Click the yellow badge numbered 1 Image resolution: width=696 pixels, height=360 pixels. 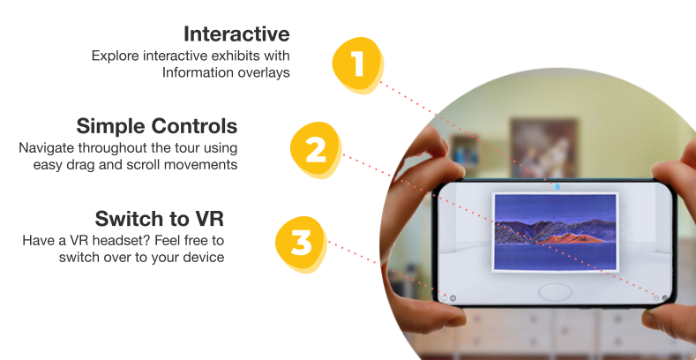click(358, 65)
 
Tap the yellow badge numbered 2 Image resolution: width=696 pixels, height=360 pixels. click(316, 150)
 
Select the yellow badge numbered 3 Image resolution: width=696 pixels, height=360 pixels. click(301, 244)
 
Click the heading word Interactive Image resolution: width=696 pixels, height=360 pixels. click(236, 34)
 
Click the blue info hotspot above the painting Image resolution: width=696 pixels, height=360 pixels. click(557, 187)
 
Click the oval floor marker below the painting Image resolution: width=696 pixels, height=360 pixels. click(555, 293)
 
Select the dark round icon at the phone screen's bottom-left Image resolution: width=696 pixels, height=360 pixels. click(453, 298)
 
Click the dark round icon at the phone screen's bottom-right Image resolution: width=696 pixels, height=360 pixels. click(664, 298)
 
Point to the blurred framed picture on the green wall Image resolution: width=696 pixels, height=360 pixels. click(544, 147)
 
